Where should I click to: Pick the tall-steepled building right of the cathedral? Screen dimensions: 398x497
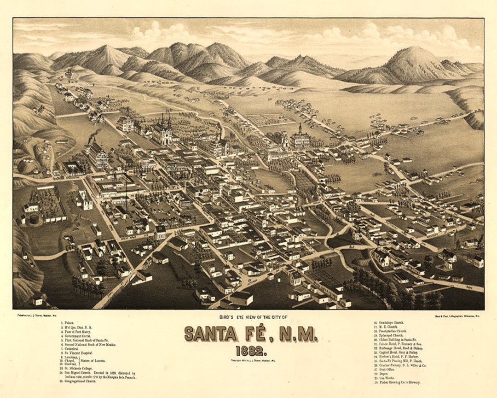[300, 137]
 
